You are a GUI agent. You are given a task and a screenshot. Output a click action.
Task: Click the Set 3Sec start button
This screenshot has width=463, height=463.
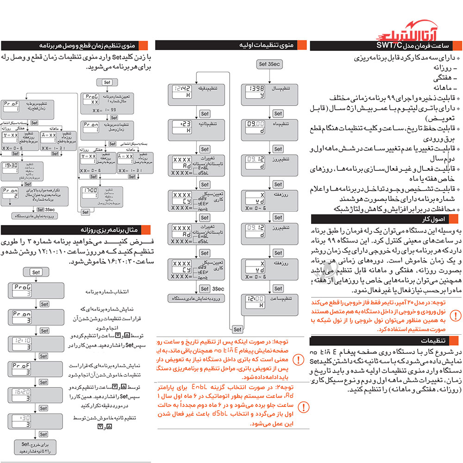click(x=269, y=64)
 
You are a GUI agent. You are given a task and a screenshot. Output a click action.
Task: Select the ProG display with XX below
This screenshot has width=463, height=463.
click(x=92, y=100)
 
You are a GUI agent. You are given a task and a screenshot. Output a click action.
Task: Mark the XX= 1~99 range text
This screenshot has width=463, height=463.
click(x=103, y=111)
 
